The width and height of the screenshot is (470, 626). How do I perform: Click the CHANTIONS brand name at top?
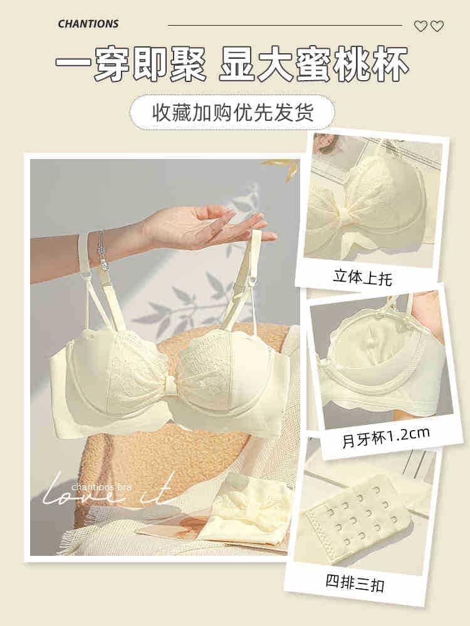(x=88, y=24)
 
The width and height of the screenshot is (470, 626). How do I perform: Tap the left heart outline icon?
(x=421, y=26)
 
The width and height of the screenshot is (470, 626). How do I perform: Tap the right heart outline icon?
(x=437, y=26)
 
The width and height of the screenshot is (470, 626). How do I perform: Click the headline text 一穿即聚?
(x=131, y=64)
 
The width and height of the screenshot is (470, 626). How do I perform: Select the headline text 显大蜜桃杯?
(x=314, y=64)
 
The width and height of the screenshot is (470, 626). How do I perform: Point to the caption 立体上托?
(x=362, y=277)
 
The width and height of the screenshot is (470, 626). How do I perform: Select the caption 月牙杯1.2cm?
(x=385, y=438)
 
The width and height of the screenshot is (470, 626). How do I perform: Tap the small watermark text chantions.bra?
(x=102, y=487)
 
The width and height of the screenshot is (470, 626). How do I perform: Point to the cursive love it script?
(x=108, y=489)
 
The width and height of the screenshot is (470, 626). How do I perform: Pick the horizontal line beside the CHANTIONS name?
(x=285, y=26)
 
